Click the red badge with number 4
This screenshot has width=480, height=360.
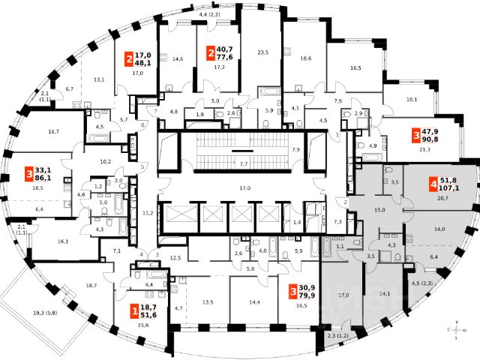pyautogui.click(x=433, y=183)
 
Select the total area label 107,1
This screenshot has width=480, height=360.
pyautogui.click(x=454, y=187)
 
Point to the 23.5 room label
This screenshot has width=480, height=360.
pyautogui.click(x=262, y=53)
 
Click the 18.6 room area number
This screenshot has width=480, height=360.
pyautogui.click(x=306, y=58)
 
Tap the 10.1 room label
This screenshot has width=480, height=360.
pyautogui.click(x=410, y=98)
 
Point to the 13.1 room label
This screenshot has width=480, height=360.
pyautogui.click(x=98, y=79)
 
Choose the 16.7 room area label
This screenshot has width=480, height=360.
pyautogui.click(x=53, y=132)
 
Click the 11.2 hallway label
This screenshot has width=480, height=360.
pyautogui.click(x=148, y=213)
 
